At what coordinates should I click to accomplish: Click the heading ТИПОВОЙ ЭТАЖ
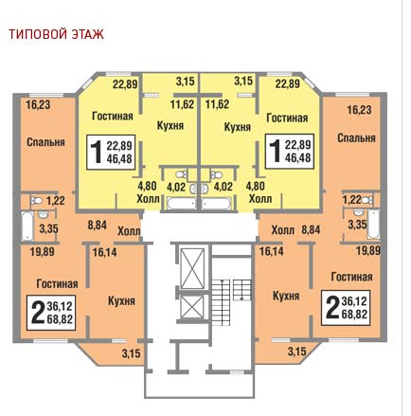(x=56, y=34)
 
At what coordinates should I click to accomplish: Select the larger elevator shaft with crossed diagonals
(x=192, y=268)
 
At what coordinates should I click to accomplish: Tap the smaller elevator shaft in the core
(x=192, y=307)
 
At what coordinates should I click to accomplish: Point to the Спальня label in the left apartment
(x=45, y=142)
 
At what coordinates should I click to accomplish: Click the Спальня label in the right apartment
(x=356, y=138)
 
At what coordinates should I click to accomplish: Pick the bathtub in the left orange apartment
(x=27, y=226)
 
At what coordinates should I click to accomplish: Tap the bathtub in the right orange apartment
(x=374, y=224)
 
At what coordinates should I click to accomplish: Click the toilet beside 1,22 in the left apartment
(x=37, y=200)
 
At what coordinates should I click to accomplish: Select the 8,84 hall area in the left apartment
(x=97, y=226)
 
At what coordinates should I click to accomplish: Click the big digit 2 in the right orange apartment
(x=332, y=307)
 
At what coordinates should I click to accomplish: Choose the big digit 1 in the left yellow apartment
(x=96, y=152)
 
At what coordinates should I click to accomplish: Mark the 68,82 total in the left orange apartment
(x=60, y=319)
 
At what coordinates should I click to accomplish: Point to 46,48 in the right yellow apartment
(x=298, y=157)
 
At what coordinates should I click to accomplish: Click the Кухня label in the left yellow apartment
(x=170, y=126)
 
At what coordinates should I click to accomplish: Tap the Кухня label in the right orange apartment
(x=286, y=297)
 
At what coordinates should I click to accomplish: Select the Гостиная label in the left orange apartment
(x=57, y=283)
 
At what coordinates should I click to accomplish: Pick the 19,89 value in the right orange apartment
(x=368, y=251)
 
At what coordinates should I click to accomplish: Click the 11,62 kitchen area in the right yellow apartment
(x=217, y=104)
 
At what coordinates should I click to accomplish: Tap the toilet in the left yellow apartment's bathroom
(x=181, y=174)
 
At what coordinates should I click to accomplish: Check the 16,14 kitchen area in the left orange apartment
(x=104, y=252)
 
